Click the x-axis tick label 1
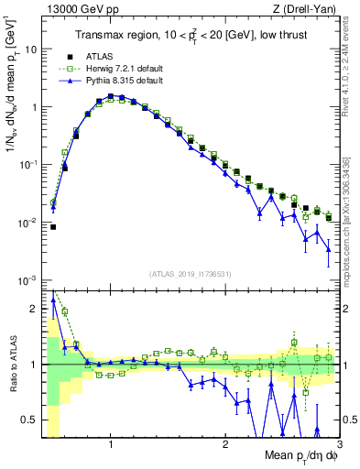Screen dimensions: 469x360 pyautogui.click(x=111, y=444)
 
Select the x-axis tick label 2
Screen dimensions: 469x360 pyautogui.click(x=224, y=444)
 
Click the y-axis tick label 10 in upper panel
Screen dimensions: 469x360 pyautogui.click(x=30, y=49)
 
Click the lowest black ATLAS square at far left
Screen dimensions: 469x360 pyautogui.click(x=53, y=226)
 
